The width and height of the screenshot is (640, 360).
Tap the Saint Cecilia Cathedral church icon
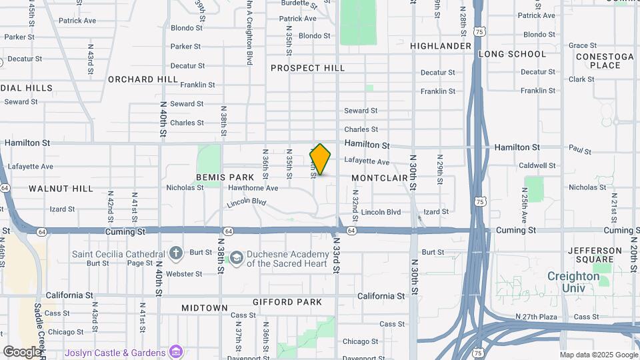[x=175, y=253]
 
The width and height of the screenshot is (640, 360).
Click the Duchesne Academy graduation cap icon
[x=236, y=257]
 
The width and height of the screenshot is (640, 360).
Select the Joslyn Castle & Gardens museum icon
[x=176, y=351]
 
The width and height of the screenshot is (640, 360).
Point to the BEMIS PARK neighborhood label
[x=225, y=177]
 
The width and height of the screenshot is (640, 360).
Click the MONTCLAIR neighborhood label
[x=379, y=178]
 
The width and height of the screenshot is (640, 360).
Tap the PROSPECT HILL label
[x=307, y=68]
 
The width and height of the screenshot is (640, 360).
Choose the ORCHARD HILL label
[x=143, y=79]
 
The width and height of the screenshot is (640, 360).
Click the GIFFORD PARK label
[x=287, y=302]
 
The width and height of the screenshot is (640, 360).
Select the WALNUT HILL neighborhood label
[x=61, y=189]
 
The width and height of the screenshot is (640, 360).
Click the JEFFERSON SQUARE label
[x=590, y=255]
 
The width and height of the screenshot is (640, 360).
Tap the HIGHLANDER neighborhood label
[x=441, y=46]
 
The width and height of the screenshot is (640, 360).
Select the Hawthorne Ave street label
[x=253, y=188]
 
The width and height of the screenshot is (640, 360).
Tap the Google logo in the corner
[x=21, y=351]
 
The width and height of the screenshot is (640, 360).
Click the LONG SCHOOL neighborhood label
[x=511, y=54]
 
